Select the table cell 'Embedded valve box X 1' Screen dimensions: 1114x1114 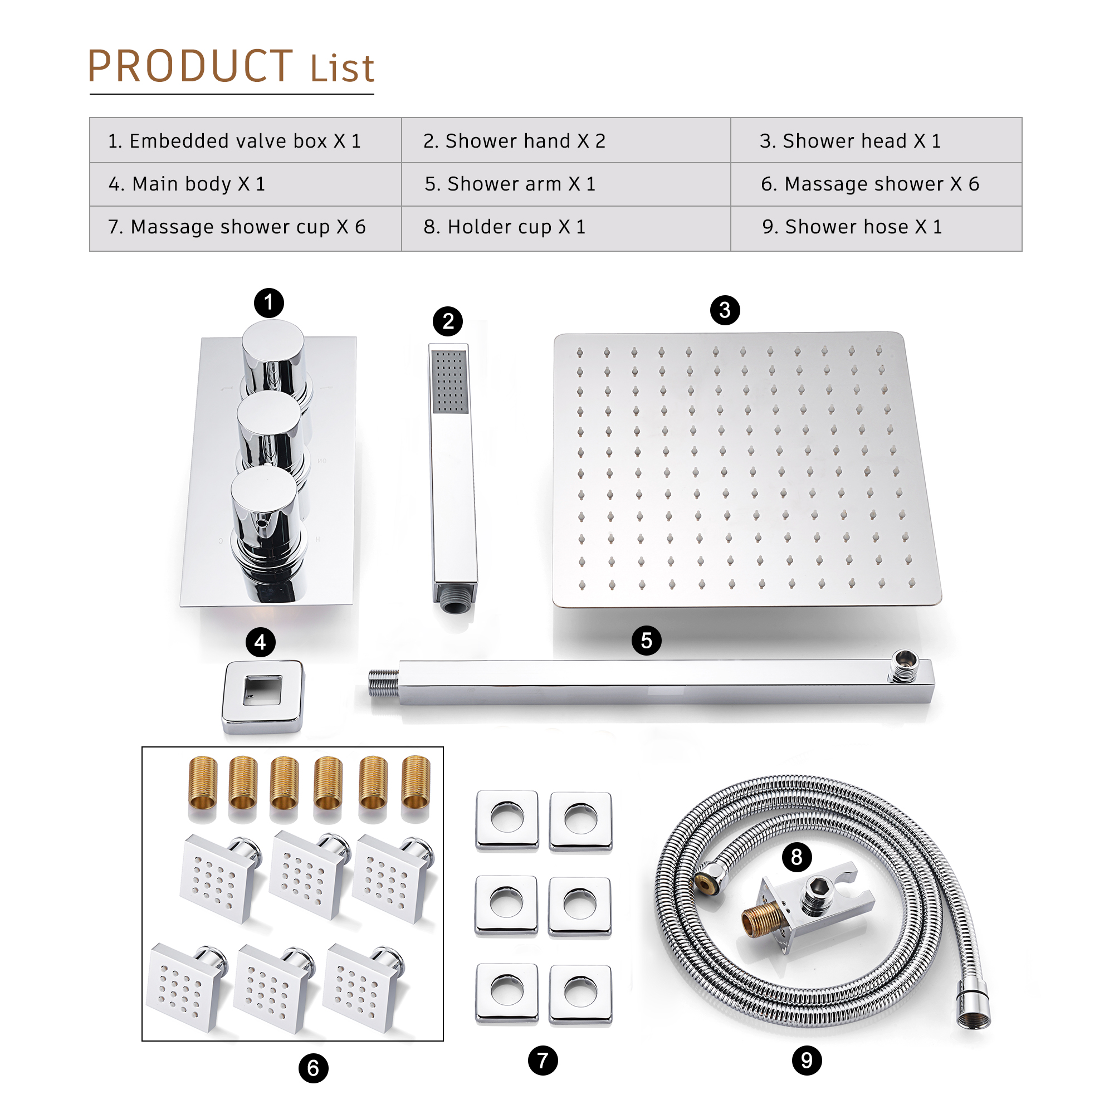(x=234, y=141)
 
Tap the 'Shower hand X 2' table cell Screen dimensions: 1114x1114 (x=514, y=141)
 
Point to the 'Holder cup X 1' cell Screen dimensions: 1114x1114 (x=505, y=227)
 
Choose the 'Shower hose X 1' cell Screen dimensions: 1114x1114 (x=852, y=227)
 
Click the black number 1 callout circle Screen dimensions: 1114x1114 (x=268, y=302)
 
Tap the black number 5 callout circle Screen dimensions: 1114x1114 (x=646, y=641)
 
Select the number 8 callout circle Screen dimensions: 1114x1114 (x=797, y=857)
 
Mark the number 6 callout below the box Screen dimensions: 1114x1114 (x=313, y=1068)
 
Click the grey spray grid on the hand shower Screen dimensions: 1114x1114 (x=449, y=381)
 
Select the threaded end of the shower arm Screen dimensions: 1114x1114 (x=383, y=683)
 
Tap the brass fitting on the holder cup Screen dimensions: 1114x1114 (x=760, y=920)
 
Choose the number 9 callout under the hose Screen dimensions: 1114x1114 (x=807, y=1061)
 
